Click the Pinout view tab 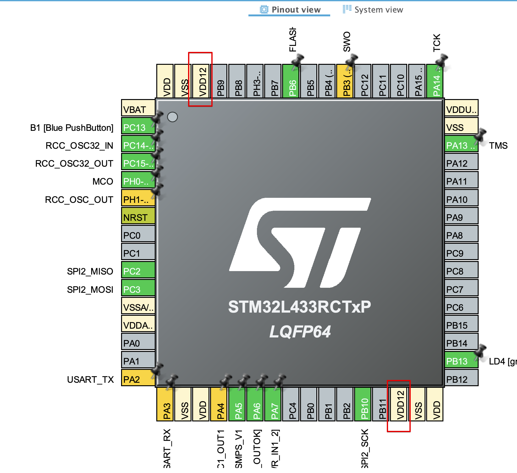click(290, 10)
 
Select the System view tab click(373, 10)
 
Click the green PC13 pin click(138, 127)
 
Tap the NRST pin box click(138, 217)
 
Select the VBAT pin click(138, 109)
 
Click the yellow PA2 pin click(138, 379)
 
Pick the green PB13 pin click(461, 361)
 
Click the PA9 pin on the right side click(461, 217)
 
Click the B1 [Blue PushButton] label click(72, 128)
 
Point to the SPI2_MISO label click(90, 271)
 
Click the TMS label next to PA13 click(498, 146)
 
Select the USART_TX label click(90, 380)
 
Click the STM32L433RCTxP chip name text click(299, 307)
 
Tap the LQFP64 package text click(300, 332)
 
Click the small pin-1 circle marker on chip click(172, 117)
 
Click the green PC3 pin click(138, 289)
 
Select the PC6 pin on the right click(461, 307)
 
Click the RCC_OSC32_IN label click(79, 146)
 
